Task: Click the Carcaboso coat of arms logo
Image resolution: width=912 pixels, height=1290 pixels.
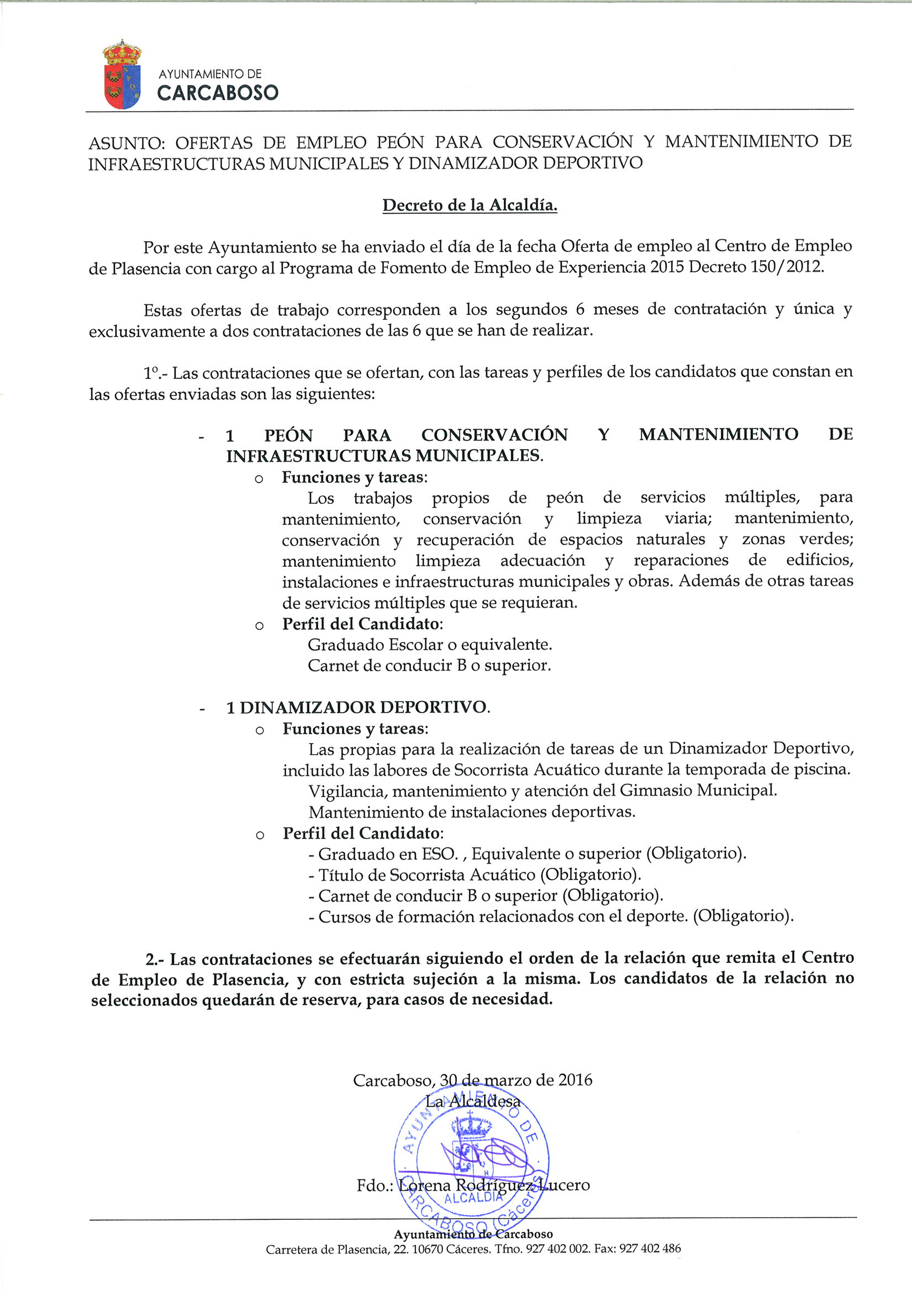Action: [x=122, y=75]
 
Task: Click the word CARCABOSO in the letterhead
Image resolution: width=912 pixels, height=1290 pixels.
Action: [x=218, y=93]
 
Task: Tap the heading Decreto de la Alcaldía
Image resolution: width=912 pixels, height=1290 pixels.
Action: [x=470, y=206]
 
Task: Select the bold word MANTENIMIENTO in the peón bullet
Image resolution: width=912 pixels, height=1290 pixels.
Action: [x=718, y=434]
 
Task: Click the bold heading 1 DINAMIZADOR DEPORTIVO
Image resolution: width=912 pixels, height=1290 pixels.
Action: [x=358, y=707]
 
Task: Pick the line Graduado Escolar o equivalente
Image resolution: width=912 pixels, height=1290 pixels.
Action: [x=430, y=644]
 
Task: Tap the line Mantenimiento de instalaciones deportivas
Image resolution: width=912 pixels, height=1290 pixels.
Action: [x=471, y=812]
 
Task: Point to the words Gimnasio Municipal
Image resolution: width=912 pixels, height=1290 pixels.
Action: [x=698, y=791]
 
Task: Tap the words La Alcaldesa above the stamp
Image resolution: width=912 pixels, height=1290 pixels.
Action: [x=473, y=1101]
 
